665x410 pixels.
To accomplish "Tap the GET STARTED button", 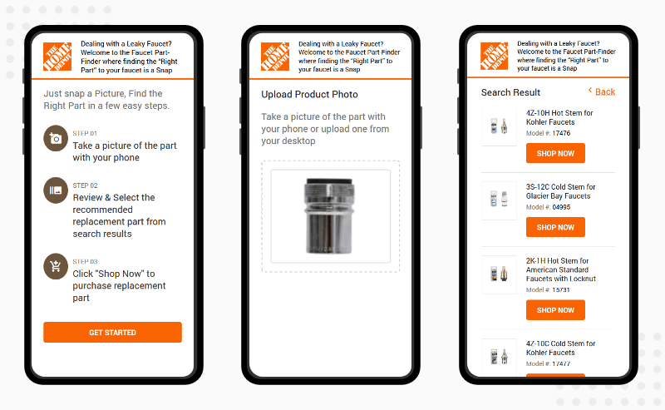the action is [x=112, y=333].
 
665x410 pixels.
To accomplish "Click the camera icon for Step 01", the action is [x=56, y=138].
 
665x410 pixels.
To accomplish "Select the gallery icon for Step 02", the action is [x=56, y=190].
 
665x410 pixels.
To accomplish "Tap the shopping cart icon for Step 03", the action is [x=56, y=267].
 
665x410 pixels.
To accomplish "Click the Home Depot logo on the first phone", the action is [x=57, y=57].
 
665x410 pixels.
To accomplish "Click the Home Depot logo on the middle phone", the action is [x=275, y=57].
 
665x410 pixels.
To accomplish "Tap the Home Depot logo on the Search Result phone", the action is [x=494, y=56].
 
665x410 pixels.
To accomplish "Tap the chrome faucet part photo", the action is [x=329, y=216].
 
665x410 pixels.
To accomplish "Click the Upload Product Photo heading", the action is [x=309, y=94].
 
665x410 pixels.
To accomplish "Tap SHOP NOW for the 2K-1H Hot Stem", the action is [x=555, y=310].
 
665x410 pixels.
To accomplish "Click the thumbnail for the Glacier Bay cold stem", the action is [x=500, y=200].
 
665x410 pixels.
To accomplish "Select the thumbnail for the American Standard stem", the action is [x=500, y=274].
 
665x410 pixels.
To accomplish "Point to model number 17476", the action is [x=561, y=133].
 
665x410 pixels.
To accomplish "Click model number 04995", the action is [x=561, y=207].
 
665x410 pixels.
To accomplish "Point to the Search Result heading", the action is [x=510, y=92].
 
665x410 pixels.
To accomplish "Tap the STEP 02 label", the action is [x=85, y=185].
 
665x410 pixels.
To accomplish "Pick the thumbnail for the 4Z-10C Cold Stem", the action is [x=500, y=357].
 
